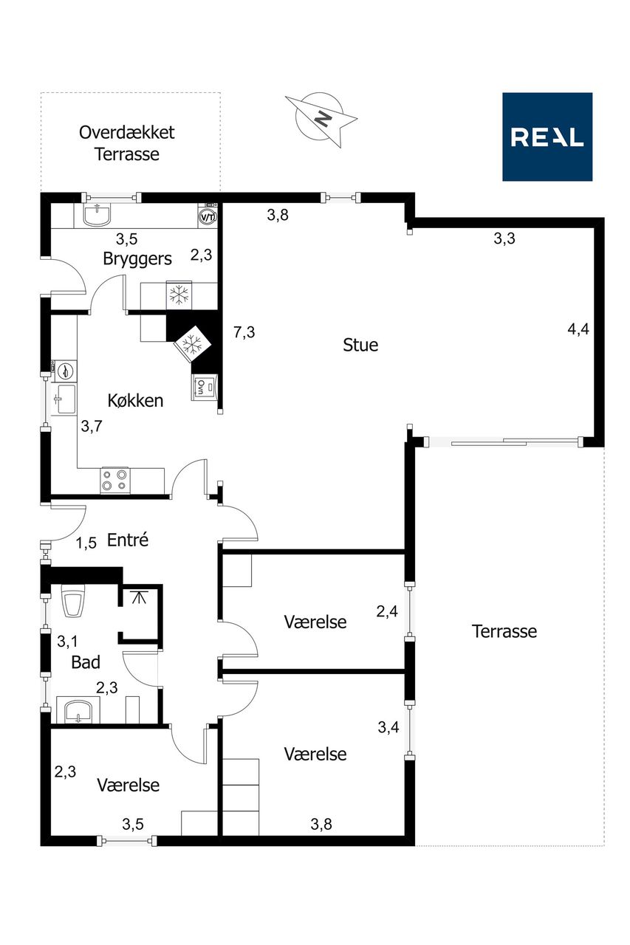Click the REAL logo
(x=547, y=137)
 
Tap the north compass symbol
(x=321, y=119)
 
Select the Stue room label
(x=360, y=345)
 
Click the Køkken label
(x=135, y=400)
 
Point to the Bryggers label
(x=137, y=259)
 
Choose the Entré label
(x=128, y=540)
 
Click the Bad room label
(x=86, y=662)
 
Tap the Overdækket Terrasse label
(x=126, y=143)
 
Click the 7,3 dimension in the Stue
(x=244, y=332)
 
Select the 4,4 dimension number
(x=578, y=329)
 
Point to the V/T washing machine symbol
(x=208, y=216)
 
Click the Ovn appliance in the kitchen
(x=205, y=387)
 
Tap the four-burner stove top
(x=115, y=480)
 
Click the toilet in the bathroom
(x=73, y=600)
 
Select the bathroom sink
(x=78, y=710)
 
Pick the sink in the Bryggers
(x=97, y=214)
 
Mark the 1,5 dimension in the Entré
(x=86, y=543)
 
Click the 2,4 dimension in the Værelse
(x=387, y=611)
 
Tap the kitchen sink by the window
(x=64, y=399)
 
